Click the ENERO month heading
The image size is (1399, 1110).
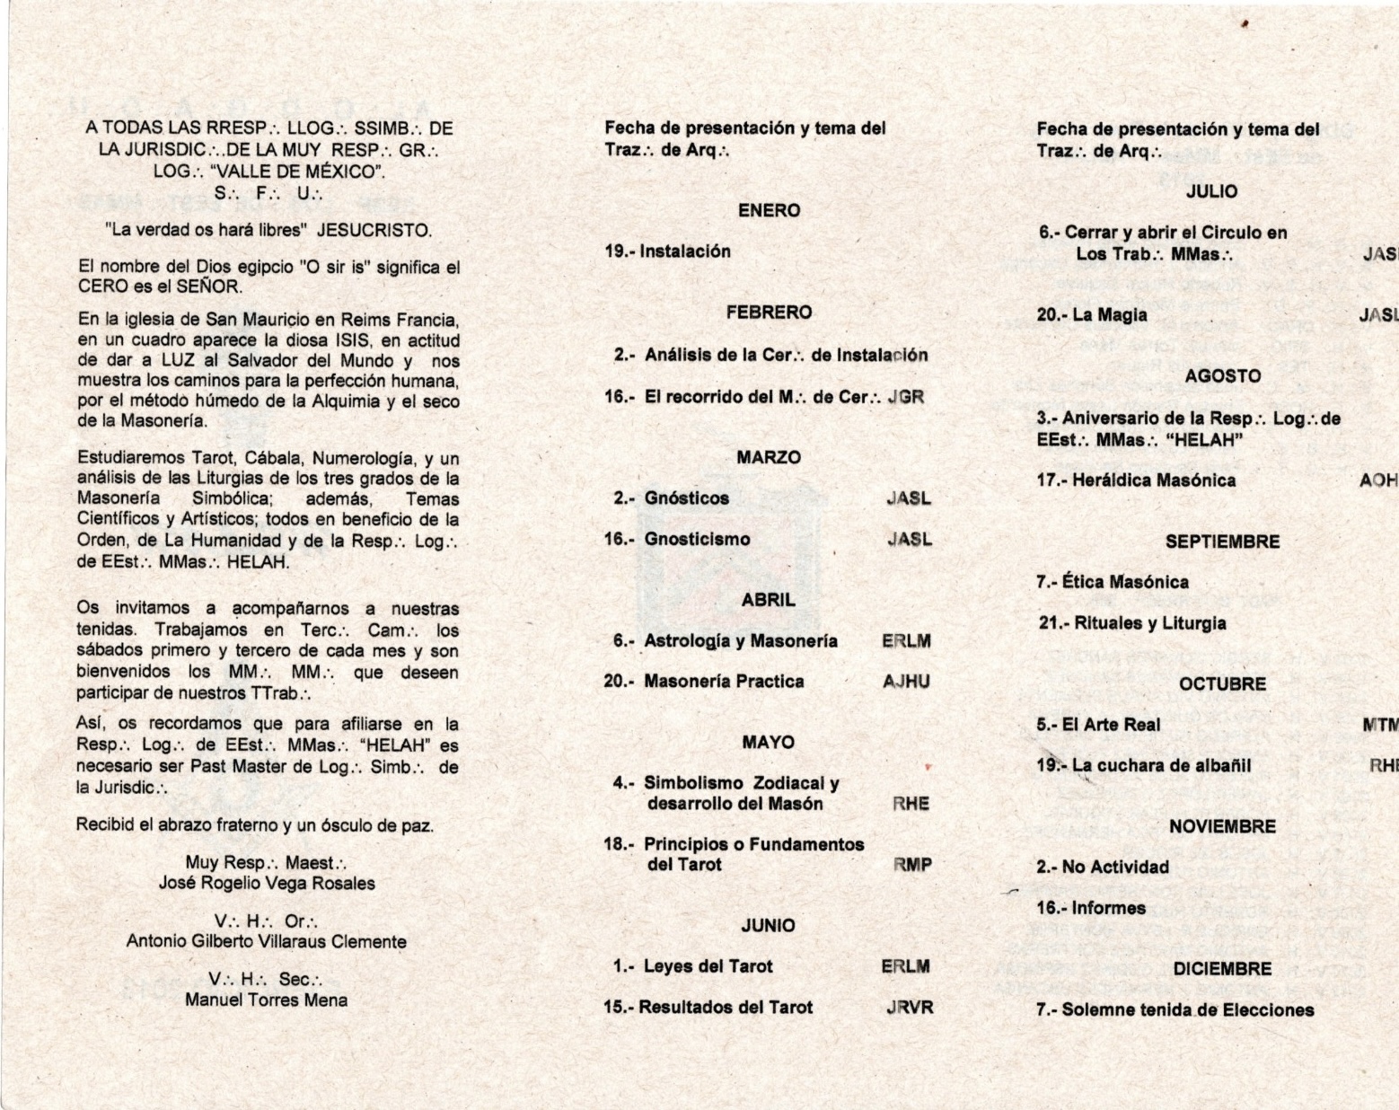pos(768,210)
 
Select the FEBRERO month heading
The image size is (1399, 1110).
pos(769,313)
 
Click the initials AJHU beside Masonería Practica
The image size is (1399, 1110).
pos(906,682)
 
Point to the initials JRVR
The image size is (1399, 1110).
pos(910,1008)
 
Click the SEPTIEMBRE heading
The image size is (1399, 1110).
pos(1222,542)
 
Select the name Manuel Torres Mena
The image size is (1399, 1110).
pos(266,1000)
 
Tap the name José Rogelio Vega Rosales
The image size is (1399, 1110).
pos(267,884)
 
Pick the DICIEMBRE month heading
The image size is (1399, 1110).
pos(1222,969)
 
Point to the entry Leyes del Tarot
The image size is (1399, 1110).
pos(708,966)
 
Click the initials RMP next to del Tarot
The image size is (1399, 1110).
pos(912,865)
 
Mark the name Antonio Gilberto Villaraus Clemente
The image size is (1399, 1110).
pos(266,942)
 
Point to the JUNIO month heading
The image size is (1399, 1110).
pos(768,925)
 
